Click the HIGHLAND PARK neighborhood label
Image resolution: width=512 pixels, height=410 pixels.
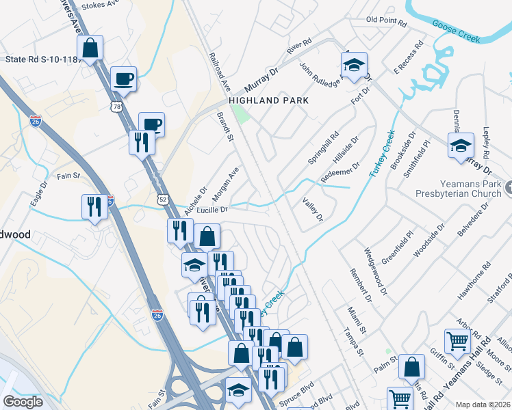tap(268, 100)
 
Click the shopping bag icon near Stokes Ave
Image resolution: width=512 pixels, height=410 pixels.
tap(90, 48)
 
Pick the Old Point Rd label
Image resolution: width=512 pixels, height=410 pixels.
tap(386, 21)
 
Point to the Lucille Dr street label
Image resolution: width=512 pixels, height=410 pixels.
tap(212, 210)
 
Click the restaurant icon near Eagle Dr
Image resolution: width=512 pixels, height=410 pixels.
tap(94, 206)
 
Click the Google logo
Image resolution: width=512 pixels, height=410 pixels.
tap(23, 402)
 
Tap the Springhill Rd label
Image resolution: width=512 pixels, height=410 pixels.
tap(323, 148)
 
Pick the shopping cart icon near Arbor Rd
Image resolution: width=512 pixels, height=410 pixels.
tap(457, 340)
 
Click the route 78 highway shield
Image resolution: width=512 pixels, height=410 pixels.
tap(118, 107)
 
